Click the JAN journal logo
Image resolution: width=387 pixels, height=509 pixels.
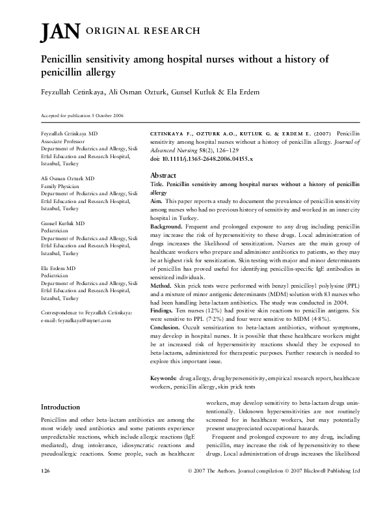point(60,31)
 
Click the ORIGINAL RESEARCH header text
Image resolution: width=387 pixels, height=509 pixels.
point(142,31)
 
